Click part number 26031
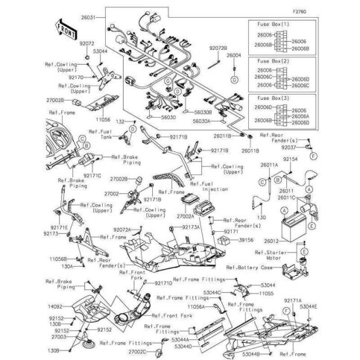pyautogui.click(x=109, y=16)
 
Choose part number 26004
pyautogui.click(x=234, y=55)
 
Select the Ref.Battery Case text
pyautogui.click(x=259, y=267)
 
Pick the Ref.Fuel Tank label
pyautogui.click(x=99, y=134)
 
